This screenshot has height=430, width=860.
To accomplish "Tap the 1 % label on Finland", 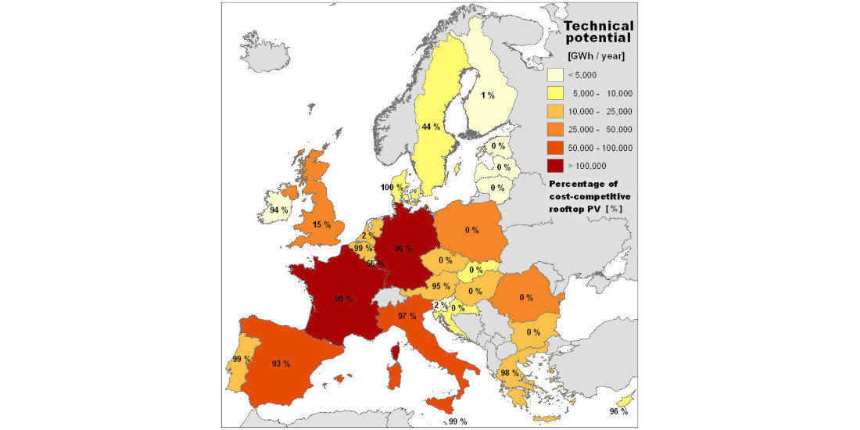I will pos(488,95).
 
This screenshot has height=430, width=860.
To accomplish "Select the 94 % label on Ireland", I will pos(278,210).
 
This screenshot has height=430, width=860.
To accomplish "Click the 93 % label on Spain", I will pos(281,364).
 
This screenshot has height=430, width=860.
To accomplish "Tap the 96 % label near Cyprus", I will pos(618,411).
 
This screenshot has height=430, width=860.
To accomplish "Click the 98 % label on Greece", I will pos(510,373).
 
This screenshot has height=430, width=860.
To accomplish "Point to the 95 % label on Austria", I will pos(441,287).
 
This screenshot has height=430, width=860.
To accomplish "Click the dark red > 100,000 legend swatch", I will pos(554,166).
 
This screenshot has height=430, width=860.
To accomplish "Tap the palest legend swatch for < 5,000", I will pos(554,74).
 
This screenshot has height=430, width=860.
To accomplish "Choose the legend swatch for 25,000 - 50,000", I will pos(554,129).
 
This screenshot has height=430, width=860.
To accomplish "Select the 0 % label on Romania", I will pos(525,297).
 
